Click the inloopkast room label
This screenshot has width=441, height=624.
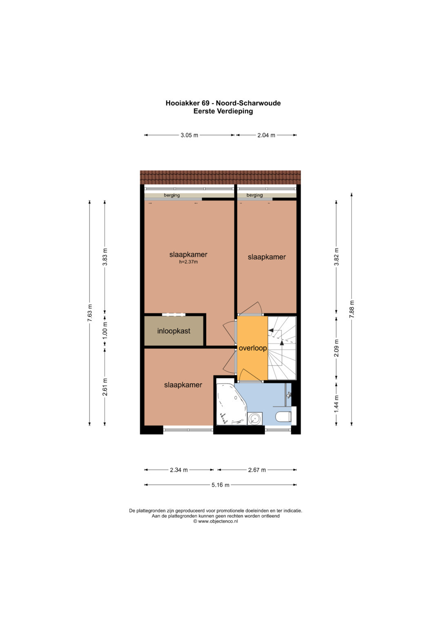(x=174, y=331)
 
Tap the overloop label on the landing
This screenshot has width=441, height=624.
(x=253, y=348)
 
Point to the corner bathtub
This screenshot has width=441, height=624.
(x=229, y=404)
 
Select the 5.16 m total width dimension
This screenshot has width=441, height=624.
(x=220, y=485)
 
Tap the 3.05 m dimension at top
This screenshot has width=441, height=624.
(x=189, y=135)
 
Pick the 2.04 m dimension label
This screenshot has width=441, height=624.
(x=266, y=135)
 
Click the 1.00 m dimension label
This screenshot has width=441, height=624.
(x=105, y=330)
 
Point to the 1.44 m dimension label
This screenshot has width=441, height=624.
(x=336, y=404)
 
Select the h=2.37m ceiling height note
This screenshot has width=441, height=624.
(x=189, y=262)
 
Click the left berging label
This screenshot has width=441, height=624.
(x=172, y=195)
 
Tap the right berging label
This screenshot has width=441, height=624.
(x=254, y=195)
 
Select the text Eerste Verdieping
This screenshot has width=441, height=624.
(x=223, y=111)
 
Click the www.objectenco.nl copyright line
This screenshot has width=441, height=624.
(x=216, y=521)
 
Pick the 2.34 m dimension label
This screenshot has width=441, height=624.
(x=179, y=470)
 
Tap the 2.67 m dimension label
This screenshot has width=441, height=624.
(x=257, y=470)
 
